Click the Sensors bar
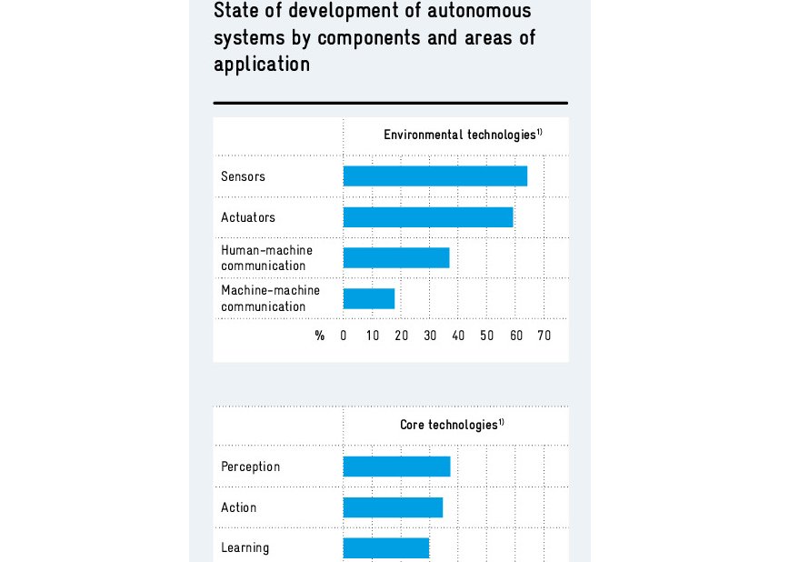click(x=434, y=176)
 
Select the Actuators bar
click(x=428, y=217)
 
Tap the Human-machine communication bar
click(x=396, y=257)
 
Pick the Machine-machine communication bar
click(x=369, y=298)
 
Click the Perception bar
click(x=396, y=467)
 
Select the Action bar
click(x=393, y=507)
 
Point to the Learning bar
click(x=385, y=547)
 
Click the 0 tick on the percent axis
click(x=344, y=336)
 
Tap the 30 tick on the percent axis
click(x=430, y=336)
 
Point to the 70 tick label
click(x=544, y=336)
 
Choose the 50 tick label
click(x=487, y=336)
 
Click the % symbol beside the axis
click(x=320, y=336)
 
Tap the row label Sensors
click(x=243, y=176)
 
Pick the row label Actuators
click(x=247, y=217)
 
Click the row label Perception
click(x=250, y=467)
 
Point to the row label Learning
click(x=245, y=547)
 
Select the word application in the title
click(x=262, y=65)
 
